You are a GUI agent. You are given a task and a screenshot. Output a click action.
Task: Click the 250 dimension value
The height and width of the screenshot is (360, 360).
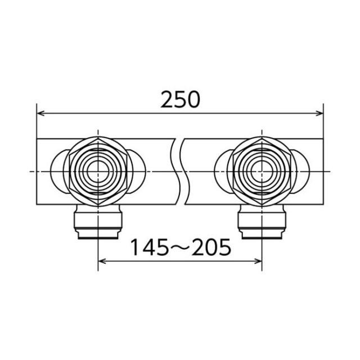[x=180, y=100]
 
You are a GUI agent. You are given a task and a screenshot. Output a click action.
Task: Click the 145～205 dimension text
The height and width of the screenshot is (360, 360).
[x=180, y=247]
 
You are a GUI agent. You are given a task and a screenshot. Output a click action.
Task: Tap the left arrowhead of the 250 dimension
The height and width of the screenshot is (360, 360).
[x=40, y=113]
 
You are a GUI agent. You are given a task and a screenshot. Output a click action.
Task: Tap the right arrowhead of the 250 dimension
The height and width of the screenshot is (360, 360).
[x=319, y=113]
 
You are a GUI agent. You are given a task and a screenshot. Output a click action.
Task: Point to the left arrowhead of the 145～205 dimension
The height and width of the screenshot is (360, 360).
[x=102, y=261]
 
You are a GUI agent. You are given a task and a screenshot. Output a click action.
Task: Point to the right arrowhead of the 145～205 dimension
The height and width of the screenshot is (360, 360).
[x=258, y=261]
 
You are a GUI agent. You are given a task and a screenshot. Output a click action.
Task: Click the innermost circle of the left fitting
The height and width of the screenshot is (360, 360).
[x=98, y=172]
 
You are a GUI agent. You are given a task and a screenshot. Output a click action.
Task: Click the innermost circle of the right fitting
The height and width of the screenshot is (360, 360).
[x=262, y=172]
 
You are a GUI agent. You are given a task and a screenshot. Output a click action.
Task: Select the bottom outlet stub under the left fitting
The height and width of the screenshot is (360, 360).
[x=98, y=222]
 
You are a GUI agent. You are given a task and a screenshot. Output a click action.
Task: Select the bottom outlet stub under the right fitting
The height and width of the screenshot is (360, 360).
[x=262, y=222]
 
